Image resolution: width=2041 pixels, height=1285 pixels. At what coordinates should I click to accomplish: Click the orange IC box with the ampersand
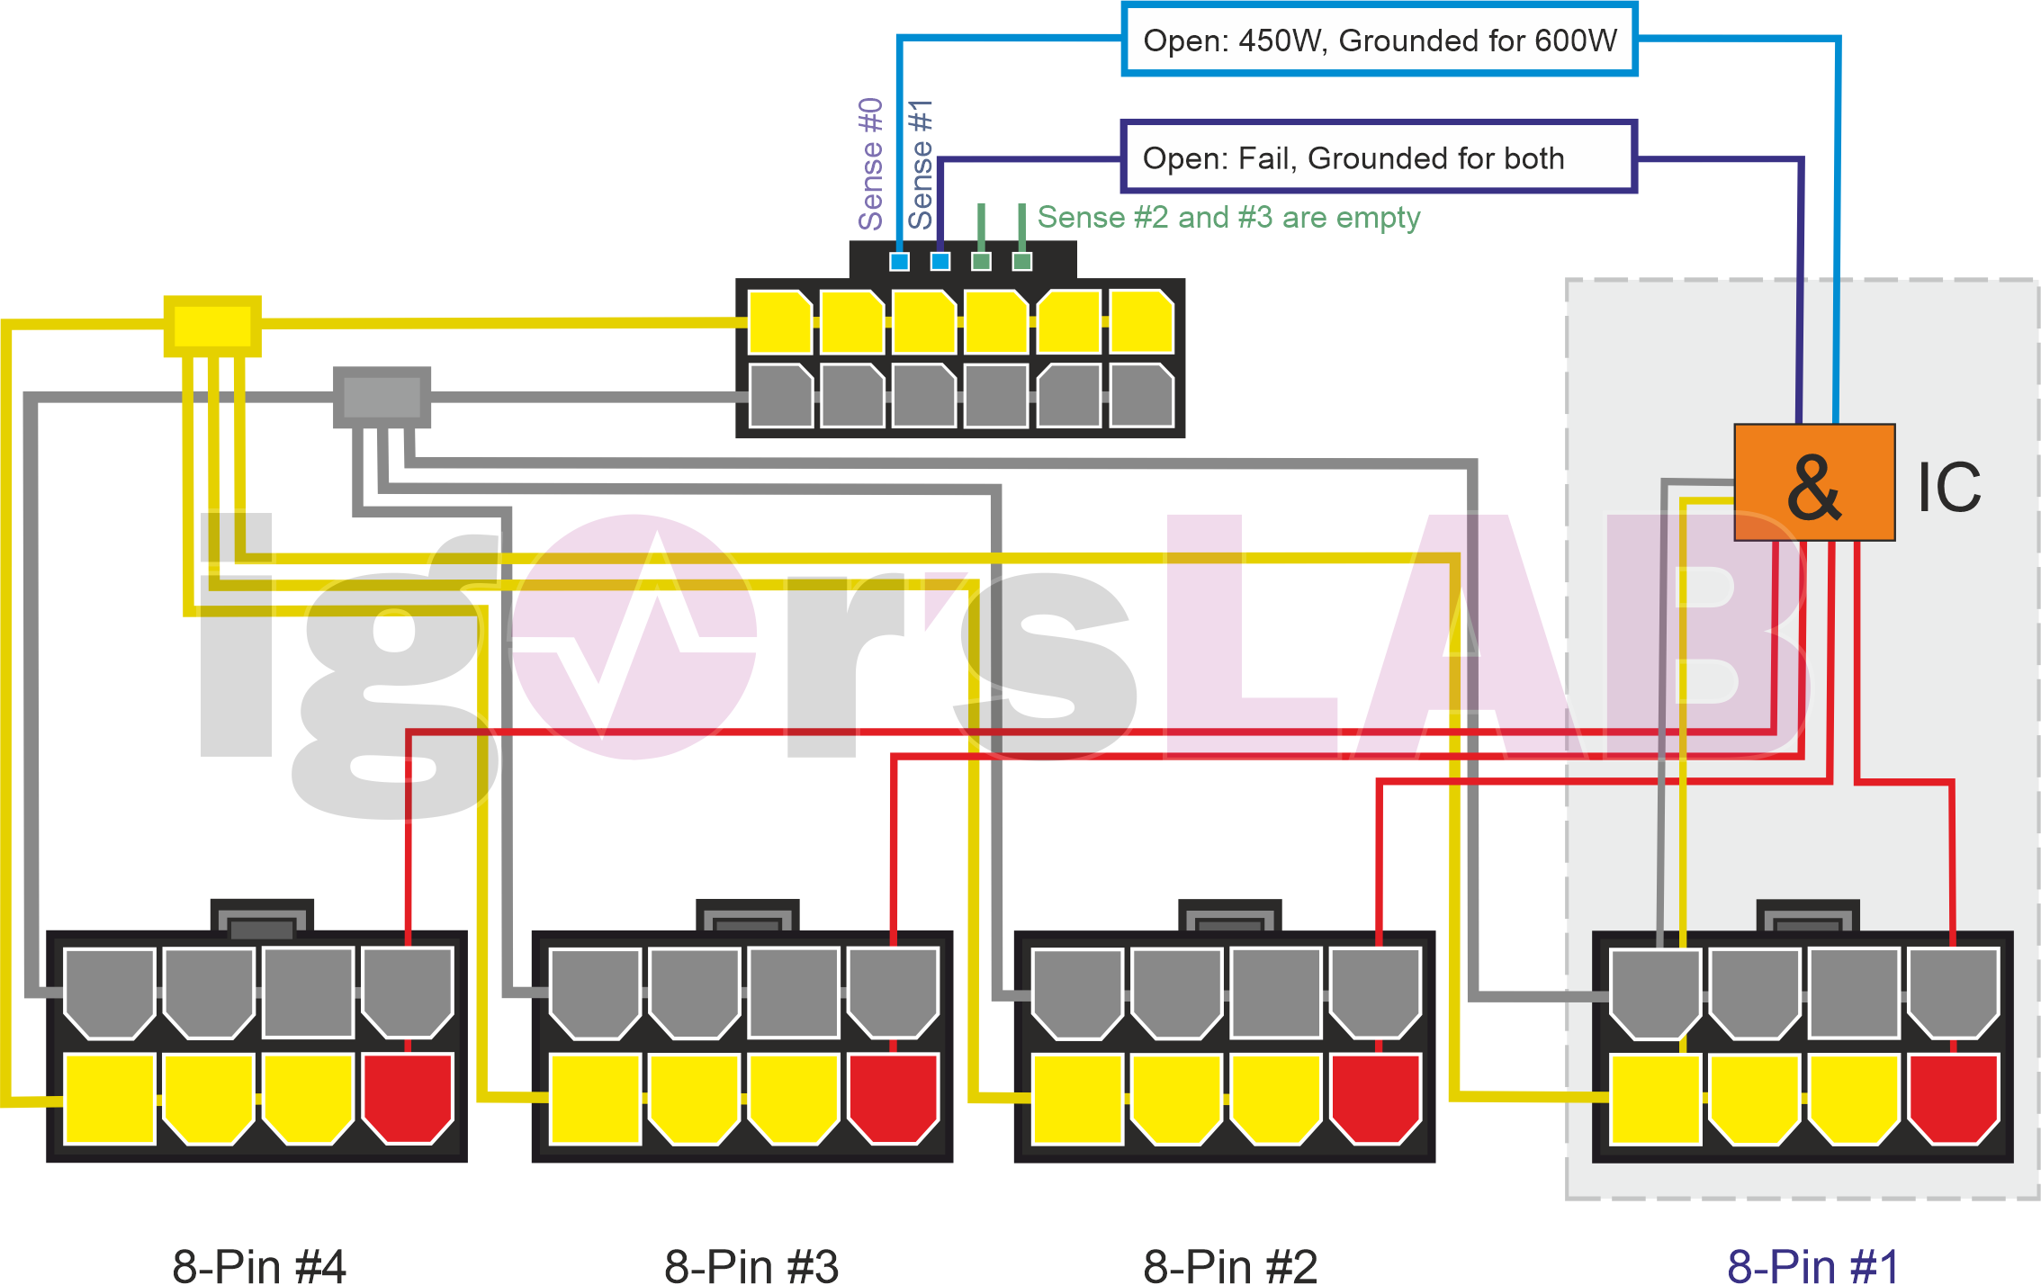point(1814,482)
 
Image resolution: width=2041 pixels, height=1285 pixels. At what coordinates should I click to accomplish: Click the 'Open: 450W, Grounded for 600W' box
point(1379,40)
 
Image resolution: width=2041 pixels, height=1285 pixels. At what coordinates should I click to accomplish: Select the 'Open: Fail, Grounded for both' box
point(1378,157)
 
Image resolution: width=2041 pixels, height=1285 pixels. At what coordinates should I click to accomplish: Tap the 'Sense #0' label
point(870,164)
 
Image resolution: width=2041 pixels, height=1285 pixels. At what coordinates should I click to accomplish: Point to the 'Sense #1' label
point(920,164)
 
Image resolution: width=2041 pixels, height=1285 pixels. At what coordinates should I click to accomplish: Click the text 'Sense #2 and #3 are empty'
point(1228,218)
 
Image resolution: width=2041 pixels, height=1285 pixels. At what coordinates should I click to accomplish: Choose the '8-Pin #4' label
point(259,1264)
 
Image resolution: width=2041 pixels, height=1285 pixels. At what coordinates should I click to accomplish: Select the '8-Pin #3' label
point(751,1264)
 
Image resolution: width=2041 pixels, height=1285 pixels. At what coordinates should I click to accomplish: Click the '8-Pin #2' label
point(1230,1264)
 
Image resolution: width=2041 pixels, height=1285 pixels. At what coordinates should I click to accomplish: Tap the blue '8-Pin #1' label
point(1813,1264)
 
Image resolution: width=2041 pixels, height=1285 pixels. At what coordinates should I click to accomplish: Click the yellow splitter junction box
point(212,326)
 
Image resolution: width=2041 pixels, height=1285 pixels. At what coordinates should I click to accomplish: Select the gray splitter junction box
point(382,397)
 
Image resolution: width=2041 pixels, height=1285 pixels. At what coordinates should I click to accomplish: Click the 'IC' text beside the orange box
point(1949,488)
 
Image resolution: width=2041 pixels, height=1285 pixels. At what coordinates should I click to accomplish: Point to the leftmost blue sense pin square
point(899,261)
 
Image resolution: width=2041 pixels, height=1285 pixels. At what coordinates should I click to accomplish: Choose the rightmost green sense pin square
point(1022,261)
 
